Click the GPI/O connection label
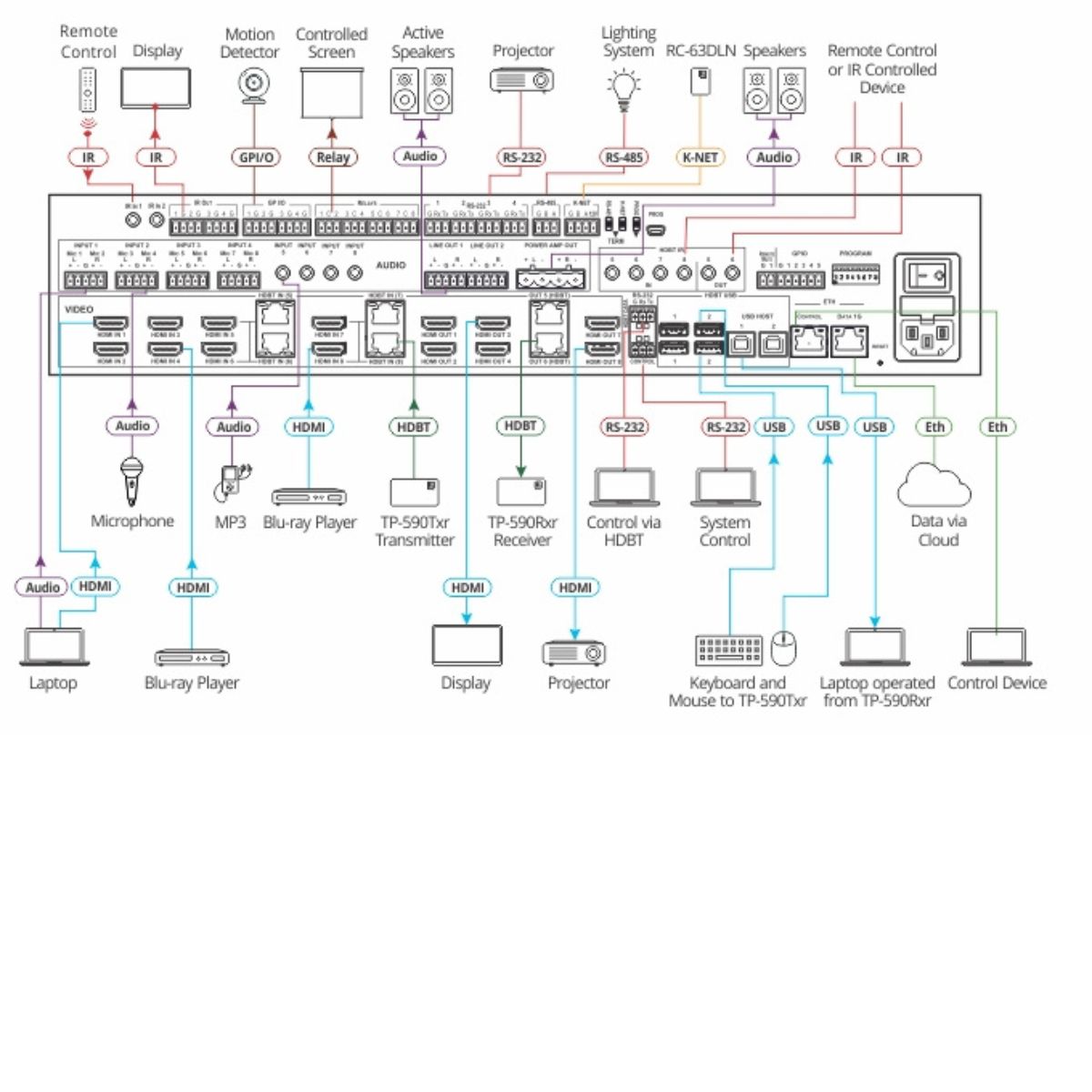tap(256, 157)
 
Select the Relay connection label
tap(332, 157)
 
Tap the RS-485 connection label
tap(624, 157)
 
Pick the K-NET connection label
tap(700, 157)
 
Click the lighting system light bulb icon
tap(623, 89)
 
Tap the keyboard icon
tap(729, 651)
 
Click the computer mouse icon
tap(784, 648)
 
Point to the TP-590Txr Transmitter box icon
tap(414, 492)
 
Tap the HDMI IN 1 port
tap(112, 323)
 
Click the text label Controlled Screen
tap(331, 43)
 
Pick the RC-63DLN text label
tap(700, 51)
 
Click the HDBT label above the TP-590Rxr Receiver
tap(521, 426)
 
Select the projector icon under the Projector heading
tap(521, 80)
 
